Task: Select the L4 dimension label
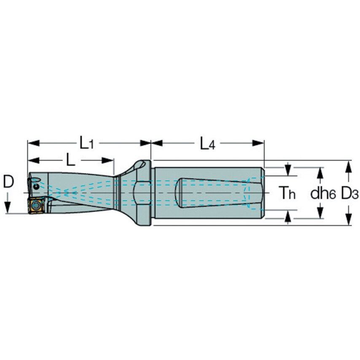(207, 144)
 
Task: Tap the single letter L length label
(70, 160)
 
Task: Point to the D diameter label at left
(8, 182)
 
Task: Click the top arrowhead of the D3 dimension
(348, 166)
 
